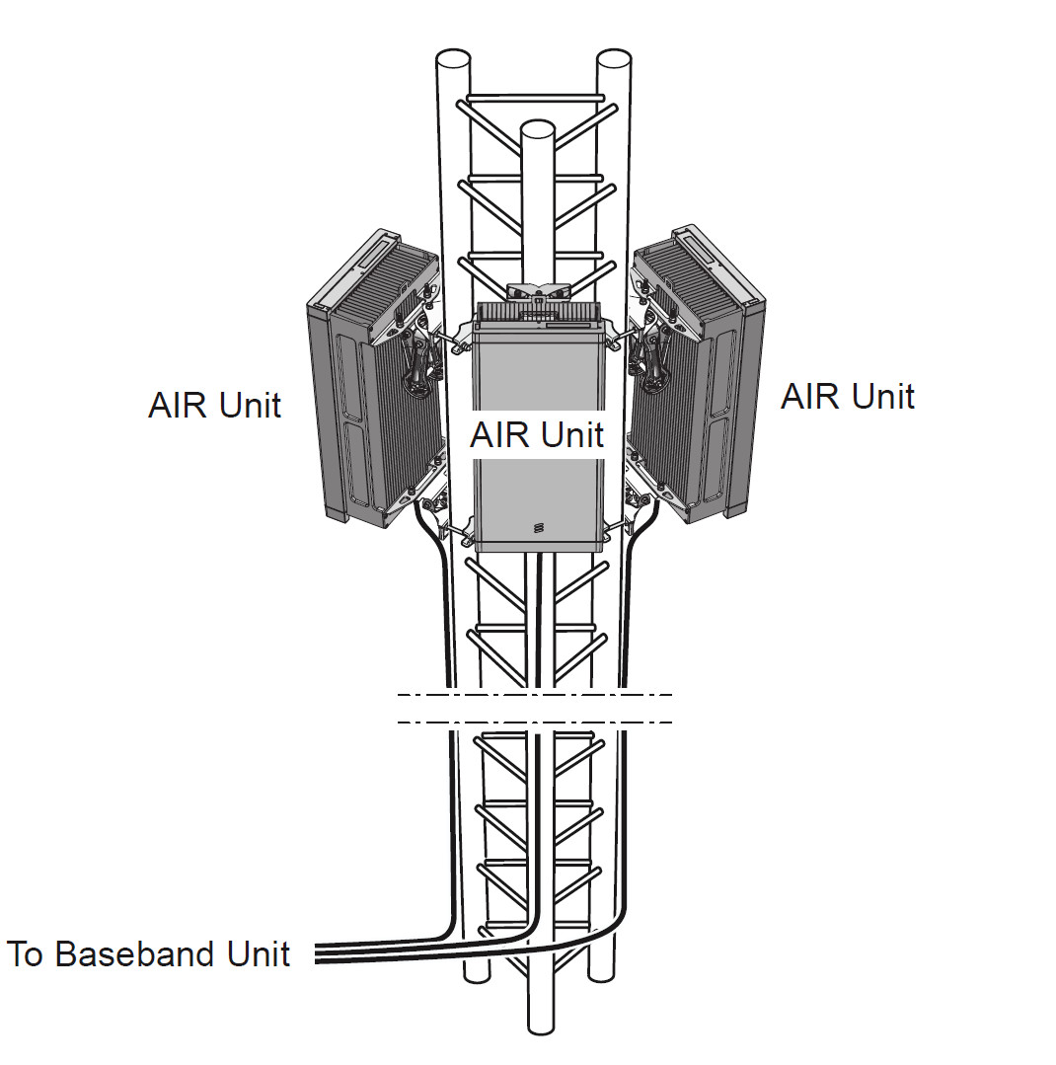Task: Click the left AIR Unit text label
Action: click(x=214, y=406)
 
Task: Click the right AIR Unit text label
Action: click(x=847, y=397)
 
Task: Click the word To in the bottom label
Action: click(x=26, y=954)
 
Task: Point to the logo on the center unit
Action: click(x=538, y=527)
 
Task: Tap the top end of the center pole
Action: click(x=537, y=129)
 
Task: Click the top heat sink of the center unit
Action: click(x=538, y=314)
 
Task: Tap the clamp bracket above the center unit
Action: click(x=538, y=290)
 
